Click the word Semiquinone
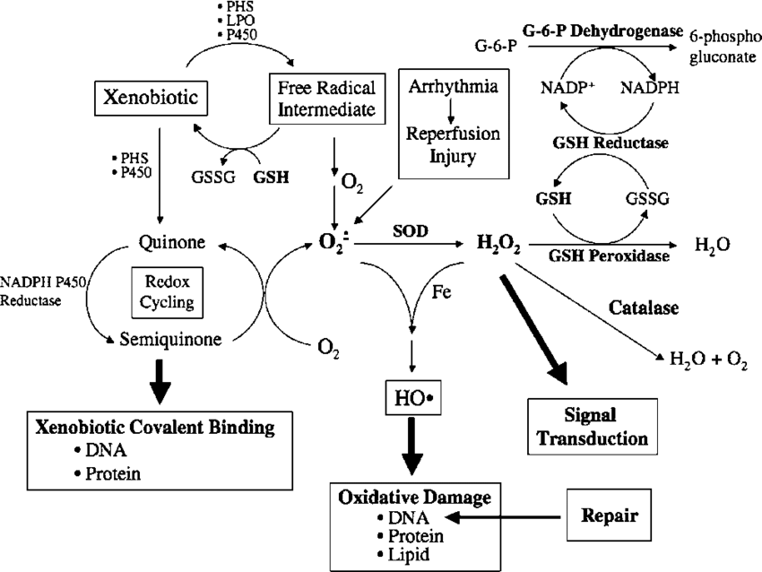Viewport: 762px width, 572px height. (171, 340)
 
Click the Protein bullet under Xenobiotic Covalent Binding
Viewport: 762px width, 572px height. (111, 472)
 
